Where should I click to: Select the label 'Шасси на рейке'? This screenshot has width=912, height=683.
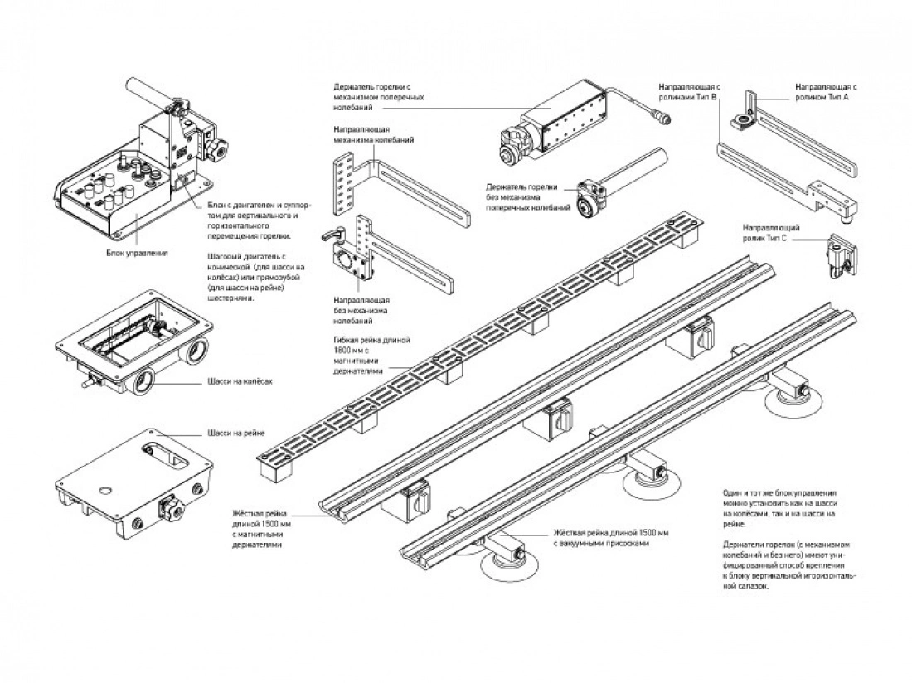click(235, 433)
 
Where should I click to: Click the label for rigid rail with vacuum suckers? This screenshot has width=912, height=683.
click(610, 538)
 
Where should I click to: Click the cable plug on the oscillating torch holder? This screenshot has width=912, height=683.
click(663, 119)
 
